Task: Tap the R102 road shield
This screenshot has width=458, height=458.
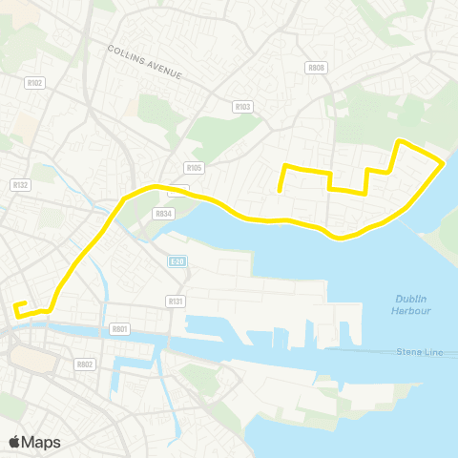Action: [36, 83]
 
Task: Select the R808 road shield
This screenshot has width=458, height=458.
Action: [317, 68]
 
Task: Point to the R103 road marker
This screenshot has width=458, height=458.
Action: [241, 107]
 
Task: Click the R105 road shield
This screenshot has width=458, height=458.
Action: [195, 168]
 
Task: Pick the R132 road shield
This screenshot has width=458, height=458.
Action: [20, 184]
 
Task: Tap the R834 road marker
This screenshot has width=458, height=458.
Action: [163, 214]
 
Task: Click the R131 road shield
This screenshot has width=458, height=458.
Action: [175, 301]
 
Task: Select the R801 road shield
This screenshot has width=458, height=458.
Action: [119, 328]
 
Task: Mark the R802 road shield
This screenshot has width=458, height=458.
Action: [84, 364]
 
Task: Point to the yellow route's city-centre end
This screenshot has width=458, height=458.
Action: [16, 305]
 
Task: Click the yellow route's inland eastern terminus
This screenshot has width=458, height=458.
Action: [280, 191]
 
